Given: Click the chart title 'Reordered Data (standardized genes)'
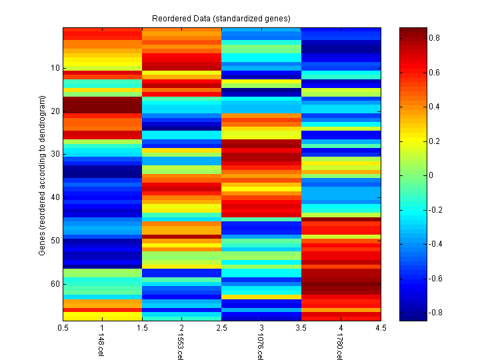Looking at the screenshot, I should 221,17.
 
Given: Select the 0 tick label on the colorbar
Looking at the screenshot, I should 430,175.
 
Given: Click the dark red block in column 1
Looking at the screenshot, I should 103,105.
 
